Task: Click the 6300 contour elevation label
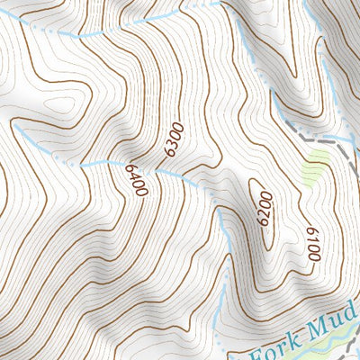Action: coord(174,139)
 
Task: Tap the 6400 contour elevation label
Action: coord(138,181)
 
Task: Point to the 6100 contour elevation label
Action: coord(311,243)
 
